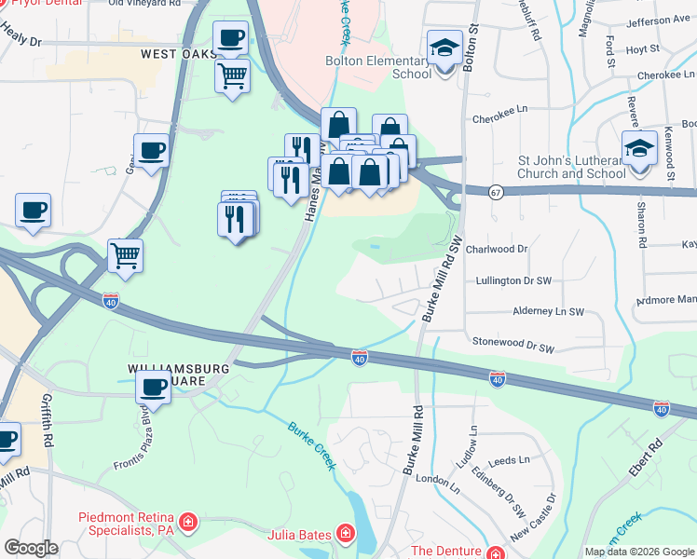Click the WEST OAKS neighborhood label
(177, 55)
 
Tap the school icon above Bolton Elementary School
(445, 48)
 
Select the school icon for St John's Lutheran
(639, 149)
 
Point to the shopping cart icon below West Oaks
(232, 75)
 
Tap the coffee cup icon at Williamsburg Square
(154, 388)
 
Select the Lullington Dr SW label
(514, 279)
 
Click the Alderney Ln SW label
(548, 312)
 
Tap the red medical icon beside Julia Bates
(345, 534)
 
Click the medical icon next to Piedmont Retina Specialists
(188, 520)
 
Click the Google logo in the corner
(31, 548)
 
